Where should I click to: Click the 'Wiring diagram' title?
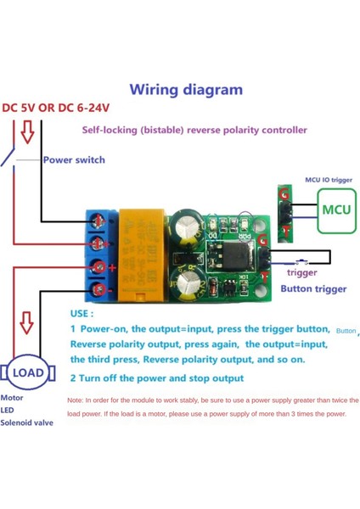186,89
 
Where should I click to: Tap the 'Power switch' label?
74,159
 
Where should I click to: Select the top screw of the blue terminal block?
100,221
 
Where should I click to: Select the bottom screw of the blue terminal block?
100,292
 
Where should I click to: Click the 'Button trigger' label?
313,289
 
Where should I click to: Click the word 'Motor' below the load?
13,397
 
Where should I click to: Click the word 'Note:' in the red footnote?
75,399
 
